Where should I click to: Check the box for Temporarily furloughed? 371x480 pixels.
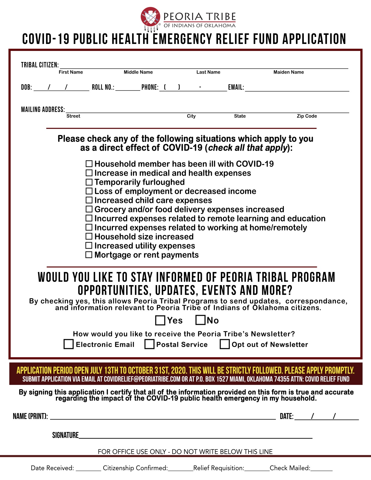[x=89, y=182]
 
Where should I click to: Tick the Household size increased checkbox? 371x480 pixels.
[x=89, y=237]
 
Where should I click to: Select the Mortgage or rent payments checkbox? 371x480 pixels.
[x=89, y=255]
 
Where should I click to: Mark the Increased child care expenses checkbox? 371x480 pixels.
[x=89, y=200]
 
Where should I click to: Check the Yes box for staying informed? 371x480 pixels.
[x=160, y=320]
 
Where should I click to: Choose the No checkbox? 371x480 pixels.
[x=200, y=320]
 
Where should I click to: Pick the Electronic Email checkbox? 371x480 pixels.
[x=69, y=344]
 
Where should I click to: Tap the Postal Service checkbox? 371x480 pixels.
[x=150, y=344]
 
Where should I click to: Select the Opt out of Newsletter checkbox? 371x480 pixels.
[x=225, y=344]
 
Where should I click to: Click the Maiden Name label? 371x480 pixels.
[x=288, y=72]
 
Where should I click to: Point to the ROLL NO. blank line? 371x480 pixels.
[x=128, y=90]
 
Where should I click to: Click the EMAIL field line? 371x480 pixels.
[x=297, y=90]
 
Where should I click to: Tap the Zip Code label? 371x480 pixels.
[x=307, y=116]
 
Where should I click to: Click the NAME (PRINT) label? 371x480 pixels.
[x=30, y=416]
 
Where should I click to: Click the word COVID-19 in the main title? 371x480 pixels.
[x=46, y=39]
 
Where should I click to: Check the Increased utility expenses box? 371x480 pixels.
[x=89, y=246]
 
